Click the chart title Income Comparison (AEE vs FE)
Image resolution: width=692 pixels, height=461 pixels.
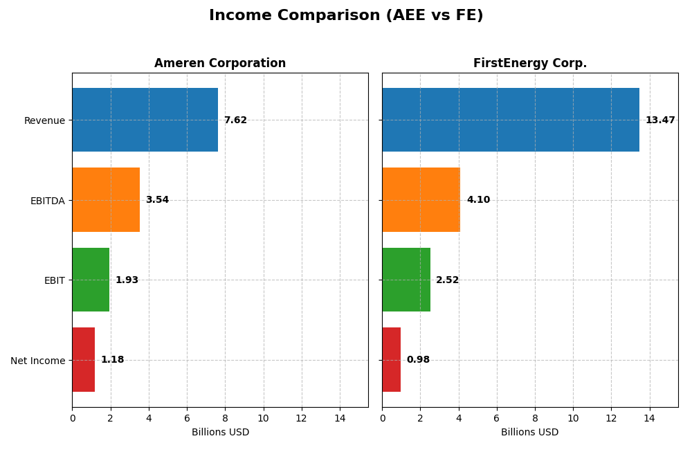click(346, 15)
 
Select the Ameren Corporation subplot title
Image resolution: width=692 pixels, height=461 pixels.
click(220, 63)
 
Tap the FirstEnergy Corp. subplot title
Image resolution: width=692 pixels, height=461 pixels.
click(529, 63)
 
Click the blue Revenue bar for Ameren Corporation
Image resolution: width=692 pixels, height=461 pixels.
click(145, 120)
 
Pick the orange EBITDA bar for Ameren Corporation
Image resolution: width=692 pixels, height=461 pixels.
click(106, 200)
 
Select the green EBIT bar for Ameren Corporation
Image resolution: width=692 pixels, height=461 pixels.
click(91, 280)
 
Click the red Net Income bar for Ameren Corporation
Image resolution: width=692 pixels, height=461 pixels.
click(83, 360)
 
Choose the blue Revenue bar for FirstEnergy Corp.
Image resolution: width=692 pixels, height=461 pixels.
click(511, 120)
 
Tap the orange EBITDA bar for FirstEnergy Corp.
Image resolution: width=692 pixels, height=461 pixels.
click(421, 200)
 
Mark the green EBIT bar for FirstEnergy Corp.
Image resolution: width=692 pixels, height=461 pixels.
click(406, 280)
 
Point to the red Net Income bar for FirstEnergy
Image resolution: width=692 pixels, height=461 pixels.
click(391, 360)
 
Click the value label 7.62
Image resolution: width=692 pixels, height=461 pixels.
click(235, 120)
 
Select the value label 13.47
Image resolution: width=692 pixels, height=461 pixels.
click(660, 120)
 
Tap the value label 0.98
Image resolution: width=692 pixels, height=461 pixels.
click(418, 360)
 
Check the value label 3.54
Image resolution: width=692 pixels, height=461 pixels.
click(157, 200)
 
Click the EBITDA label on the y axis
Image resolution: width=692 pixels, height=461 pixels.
click(47, 201)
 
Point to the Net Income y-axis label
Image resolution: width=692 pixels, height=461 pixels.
click(37, 361)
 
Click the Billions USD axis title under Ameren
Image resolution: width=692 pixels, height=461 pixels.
click(220, 433)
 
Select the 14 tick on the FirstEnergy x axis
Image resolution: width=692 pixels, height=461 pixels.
click(649, 418)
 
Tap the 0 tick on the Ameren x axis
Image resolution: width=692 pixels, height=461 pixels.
click(72, 418)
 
